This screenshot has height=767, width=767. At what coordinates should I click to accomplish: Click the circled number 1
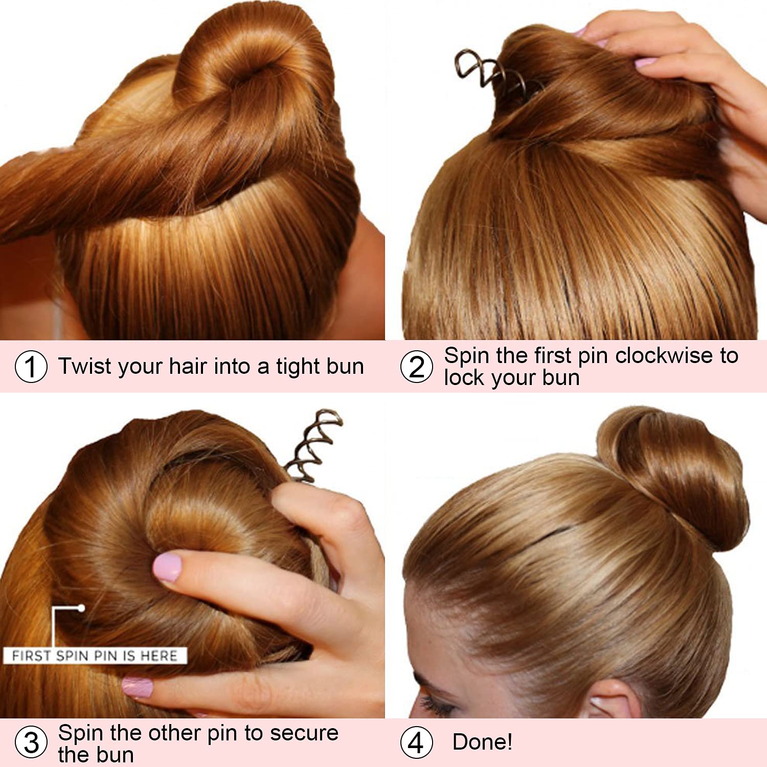pyautogui.click(x=31, y=367)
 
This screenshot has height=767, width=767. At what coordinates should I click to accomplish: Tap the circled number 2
pyautogui.click(x=417, y=367)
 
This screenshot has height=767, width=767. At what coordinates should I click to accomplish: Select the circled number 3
pyautogui.click(x=31, y=742)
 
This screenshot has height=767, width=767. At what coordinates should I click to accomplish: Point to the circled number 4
pyautogui.click(x=417, y=742)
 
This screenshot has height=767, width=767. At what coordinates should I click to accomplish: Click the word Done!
pyautogui.click(x=482, y=742)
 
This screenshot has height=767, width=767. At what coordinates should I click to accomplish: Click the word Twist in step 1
pyautogui.click(x=84, y=366)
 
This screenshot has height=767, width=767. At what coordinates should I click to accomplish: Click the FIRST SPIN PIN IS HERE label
pyautogui.click(x=95, y=656)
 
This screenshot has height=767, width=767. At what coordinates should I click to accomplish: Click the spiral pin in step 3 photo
pyautogui.click(x=313, y=445)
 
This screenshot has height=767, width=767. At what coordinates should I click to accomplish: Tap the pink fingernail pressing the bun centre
pyautogui.click(x=167, y=566)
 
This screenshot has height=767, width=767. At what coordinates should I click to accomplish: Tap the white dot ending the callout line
pyautogui.click(x=81, y=608)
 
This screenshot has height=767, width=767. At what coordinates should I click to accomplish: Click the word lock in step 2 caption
pyautogui.click(x=461, y=378)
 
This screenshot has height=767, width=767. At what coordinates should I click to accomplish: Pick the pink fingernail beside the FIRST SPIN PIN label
pyautogui.click(x=137, y=687)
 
